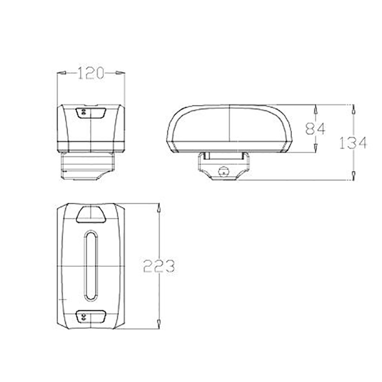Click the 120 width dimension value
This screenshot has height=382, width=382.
pos(91,73)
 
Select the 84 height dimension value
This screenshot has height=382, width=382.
pos(315,128)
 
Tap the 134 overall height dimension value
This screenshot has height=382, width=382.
pos(353,143)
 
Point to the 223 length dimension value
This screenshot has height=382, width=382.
pos(159,266)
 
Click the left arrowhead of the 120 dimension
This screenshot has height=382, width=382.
pos(61,73)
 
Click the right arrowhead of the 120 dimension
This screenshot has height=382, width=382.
pos(121,73)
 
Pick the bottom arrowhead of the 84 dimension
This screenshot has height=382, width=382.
pos(315,148)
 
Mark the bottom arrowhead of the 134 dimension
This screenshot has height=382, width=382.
pos(353,175)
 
